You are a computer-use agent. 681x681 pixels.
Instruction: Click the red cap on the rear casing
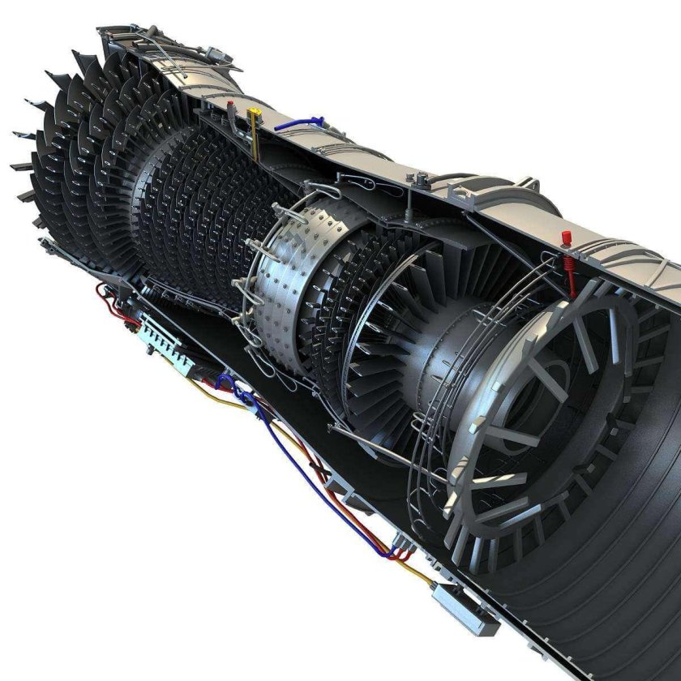(566, 236)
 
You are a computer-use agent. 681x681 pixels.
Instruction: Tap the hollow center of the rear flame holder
(559, 389)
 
